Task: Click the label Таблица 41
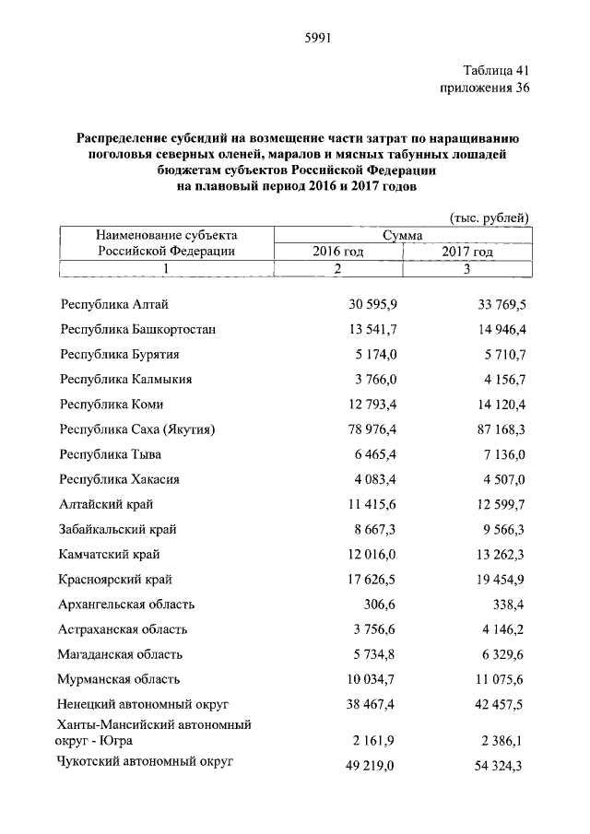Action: (x=494, y=70)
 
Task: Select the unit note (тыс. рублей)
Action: (x=489, y=217)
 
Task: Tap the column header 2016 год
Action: (x=337, y=252)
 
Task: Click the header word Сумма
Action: (x=402, y=235)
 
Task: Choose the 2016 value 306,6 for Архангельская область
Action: (x=380, y=605)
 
